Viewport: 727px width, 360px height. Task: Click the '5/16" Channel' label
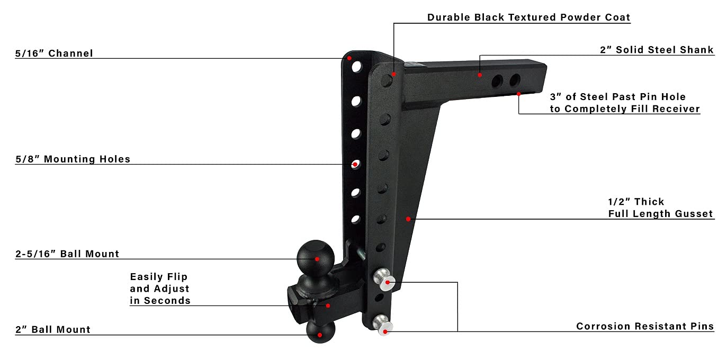point(54,53)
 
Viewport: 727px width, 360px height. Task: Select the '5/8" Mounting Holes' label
point(73,159)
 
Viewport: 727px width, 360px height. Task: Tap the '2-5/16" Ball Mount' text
point(67,254)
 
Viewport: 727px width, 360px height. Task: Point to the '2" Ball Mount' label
point(53,330)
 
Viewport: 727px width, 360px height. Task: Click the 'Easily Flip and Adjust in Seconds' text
point(160,289)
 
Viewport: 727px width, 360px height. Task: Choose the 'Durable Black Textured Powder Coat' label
point(528,17)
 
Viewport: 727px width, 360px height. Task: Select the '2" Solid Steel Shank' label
point(656,50)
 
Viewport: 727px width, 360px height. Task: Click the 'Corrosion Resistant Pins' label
point(645,327)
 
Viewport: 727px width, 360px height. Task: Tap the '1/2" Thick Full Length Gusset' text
point(660,208)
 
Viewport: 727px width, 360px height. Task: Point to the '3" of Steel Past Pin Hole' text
point(617,97)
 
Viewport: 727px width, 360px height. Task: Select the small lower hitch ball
point(320,334)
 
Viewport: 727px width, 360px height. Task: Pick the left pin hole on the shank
point(497,81)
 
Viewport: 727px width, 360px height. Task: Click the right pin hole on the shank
point(515,80)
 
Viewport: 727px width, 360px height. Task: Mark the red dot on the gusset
point(408,219)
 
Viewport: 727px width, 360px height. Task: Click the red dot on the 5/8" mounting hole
point(355,165)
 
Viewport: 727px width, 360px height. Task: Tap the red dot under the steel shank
point(519,94)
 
